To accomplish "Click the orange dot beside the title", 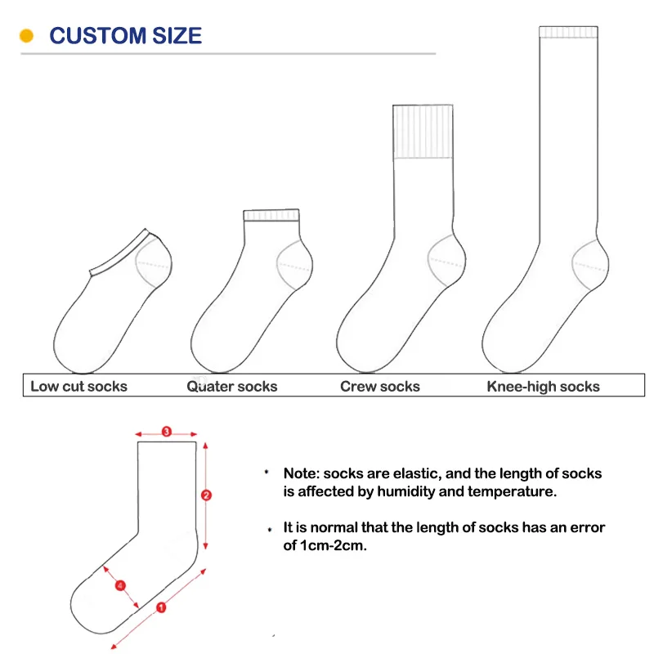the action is [x=26, y=36].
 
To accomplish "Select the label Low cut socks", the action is [x=79, y=386].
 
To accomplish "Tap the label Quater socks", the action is [x=232, y=386].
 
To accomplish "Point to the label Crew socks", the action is [x=380, y=386].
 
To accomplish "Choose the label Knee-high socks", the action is [x=543, y=386].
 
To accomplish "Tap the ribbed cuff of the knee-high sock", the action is [x=569, y=32].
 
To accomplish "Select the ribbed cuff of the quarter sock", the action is [x=271, y=216].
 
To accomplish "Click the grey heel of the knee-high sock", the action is [x=592, y=263].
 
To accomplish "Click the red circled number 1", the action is [x=160, y=607].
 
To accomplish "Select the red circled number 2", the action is [x=206, y=495].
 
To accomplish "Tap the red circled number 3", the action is [x=167, y=432].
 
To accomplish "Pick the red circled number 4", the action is [x=120, y=585].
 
